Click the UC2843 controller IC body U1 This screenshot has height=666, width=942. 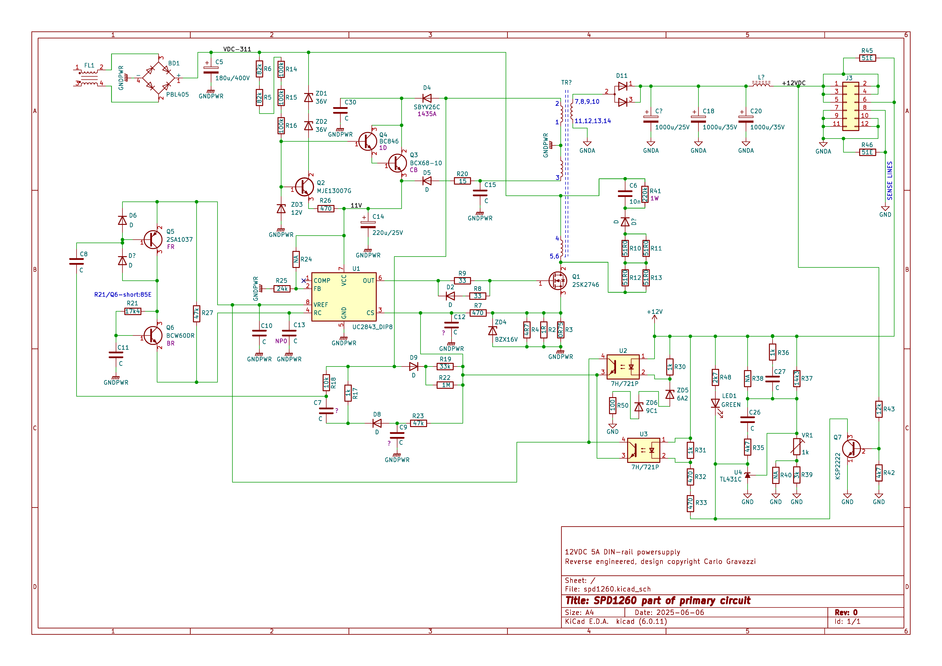tap(344, 297)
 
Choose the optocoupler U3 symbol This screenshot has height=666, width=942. tap(643, 450)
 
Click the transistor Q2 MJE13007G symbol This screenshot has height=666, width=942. tap(304, 187)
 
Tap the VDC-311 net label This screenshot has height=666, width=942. tap(237, 49)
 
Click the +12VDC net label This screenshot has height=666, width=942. tap(794, 83)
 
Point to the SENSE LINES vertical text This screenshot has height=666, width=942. tap(890, 181)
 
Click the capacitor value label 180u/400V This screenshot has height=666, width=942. tap(232, 78)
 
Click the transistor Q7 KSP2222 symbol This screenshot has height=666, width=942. tap(851, 449)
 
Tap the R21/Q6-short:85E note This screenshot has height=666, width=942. tap(123, 295)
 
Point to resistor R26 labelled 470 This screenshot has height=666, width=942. tap(326, 208)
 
